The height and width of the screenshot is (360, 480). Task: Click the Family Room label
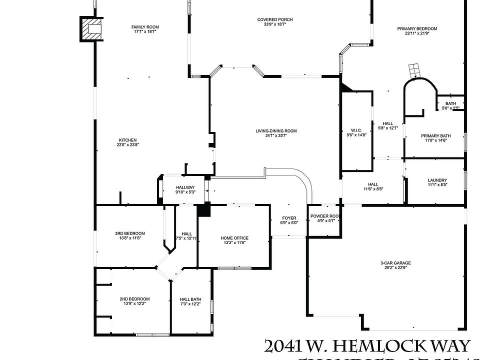click(145, 27)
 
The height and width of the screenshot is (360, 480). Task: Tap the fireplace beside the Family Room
click(91, 29)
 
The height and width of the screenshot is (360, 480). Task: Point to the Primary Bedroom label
click(417, 28)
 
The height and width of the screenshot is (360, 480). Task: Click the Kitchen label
click(127, 140)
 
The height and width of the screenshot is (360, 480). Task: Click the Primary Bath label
click(435, 136)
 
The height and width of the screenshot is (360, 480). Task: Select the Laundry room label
click(437, 180)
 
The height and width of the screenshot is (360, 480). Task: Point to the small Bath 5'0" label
click(450, 103)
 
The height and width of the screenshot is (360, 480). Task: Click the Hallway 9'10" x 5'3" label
click(184, 187)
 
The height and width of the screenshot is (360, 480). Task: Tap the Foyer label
click(289, 218)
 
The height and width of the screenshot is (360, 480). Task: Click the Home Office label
click(234, 238)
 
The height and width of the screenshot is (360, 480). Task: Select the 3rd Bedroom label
click(130, 233)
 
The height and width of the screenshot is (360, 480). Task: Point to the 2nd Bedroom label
click(134, 299)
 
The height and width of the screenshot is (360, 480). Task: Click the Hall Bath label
click(190, 299)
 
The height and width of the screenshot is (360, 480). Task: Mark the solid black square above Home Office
click(203, 210)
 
